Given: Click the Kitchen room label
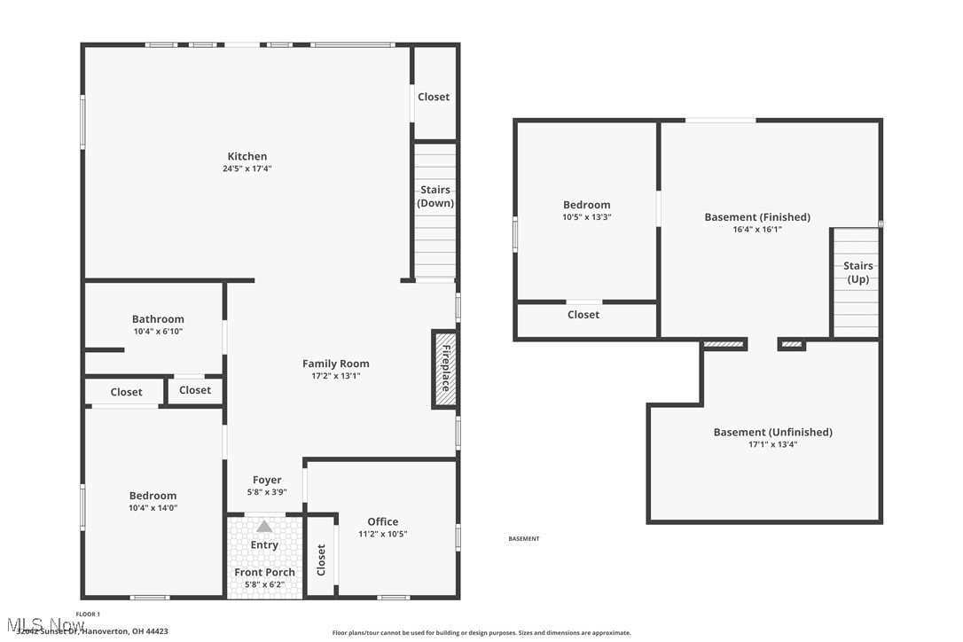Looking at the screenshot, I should point(247,156).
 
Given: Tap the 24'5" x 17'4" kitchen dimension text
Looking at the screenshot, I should point(247,168).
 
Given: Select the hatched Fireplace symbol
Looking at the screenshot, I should point(444,369).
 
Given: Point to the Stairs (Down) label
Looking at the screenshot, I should point(435,196).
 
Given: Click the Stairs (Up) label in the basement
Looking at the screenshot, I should point(857,272).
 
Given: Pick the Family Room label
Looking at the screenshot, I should point(335,364).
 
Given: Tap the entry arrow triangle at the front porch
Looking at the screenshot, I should point(264,526).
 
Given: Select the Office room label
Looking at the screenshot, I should point(382,521).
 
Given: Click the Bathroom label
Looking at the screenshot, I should point(158,319).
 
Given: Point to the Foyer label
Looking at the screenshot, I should point(267,480).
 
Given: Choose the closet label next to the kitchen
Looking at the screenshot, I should point(434,97).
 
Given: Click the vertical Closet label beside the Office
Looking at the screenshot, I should point(321,560).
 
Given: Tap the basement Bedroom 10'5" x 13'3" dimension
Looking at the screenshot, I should point(586,217).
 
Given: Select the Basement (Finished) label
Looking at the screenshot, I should point(757,216).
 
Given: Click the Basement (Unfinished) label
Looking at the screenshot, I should point(772,432).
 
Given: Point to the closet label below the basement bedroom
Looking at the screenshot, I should point(583,315).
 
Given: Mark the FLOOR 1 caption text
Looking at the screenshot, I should point(88,614).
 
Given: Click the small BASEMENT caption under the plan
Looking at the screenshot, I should point(523,539).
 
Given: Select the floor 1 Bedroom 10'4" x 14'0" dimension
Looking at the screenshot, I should point(153,508).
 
